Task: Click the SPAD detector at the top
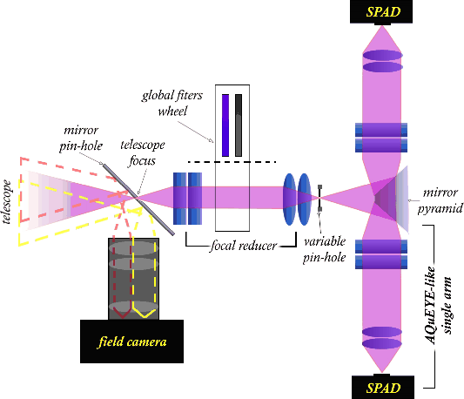click(381, 12)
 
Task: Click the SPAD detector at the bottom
click(383, 387)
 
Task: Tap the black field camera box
click(131, 342)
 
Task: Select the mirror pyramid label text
click(440, 200)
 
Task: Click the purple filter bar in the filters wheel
click(225, 125)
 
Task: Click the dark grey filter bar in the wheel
click(239, 125)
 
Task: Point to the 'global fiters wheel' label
click(172, 103)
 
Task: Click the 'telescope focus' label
click(143, 152)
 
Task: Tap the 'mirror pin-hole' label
click(81, 138)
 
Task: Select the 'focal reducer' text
click(243, 246)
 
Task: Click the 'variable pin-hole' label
click(325, 249)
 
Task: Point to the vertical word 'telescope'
click(6, 201)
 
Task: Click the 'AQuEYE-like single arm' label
click(440, 306)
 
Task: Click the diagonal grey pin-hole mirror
click(138, 199)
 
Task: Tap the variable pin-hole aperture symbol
click(319, 198)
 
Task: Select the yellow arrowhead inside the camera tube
click(145, 314)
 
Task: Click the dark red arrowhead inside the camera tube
click(122, 314)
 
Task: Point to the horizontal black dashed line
click(232, 162)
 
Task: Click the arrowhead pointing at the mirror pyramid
click(409, 200)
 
